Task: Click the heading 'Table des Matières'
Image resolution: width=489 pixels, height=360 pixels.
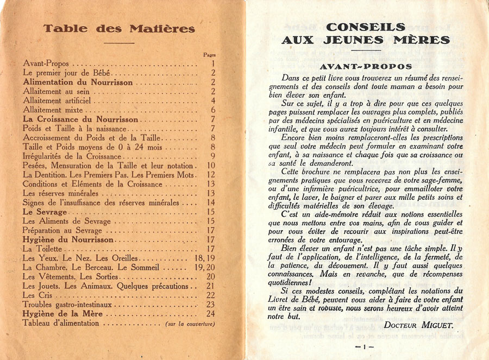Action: [119, 29]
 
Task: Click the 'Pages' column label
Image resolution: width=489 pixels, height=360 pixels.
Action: [209, 55]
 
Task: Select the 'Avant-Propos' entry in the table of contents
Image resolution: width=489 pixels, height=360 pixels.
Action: [46, 64]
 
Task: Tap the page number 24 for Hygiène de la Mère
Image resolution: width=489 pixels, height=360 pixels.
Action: [211, 314]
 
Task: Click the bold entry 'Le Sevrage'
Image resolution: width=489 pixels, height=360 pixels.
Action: [45, 212]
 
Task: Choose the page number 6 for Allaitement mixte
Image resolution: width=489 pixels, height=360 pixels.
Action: [213, 110]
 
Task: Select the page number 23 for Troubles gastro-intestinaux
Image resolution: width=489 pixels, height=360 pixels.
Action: [211, 305]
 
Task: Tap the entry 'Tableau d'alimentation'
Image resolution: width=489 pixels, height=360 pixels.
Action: [61, 323]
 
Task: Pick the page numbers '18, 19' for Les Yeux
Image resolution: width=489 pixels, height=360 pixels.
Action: [204, 258]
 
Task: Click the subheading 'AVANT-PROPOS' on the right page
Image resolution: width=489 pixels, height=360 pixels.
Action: [366, 66]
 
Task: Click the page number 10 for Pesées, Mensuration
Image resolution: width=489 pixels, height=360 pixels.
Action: [211, 166]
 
